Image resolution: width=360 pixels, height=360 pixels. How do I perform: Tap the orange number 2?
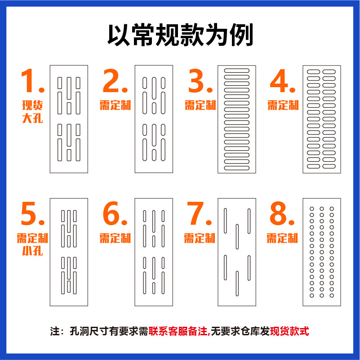(x=115, y=81)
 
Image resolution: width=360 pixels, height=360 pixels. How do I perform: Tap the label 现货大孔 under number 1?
(x=32, y=112)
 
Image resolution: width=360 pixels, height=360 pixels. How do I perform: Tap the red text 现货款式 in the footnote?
(x=289, y=332)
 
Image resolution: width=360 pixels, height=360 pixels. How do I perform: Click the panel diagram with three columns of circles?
(x=321, y=252)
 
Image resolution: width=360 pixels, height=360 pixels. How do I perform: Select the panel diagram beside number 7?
(x=237, y=252)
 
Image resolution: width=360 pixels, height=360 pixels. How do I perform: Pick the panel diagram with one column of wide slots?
(x=237, y=119)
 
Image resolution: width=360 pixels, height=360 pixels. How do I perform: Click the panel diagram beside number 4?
(x=321, y=119)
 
